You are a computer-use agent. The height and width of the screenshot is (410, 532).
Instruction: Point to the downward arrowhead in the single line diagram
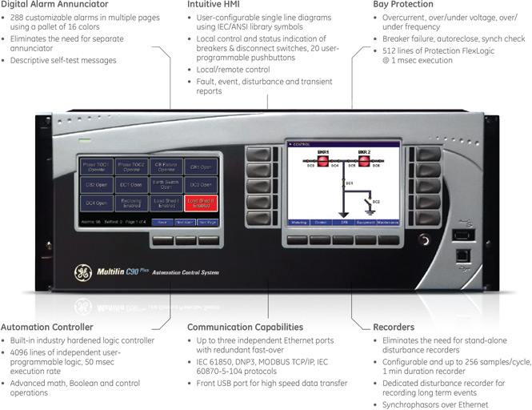(x=342, y=214)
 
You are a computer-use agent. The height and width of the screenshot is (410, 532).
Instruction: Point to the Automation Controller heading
(x=47, y=327)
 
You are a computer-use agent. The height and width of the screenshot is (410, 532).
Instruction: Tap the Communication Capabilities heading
(x=245, y=327)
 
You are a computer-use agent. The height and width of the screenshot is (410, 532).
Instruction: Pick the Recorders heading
(x=394, y=327)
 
